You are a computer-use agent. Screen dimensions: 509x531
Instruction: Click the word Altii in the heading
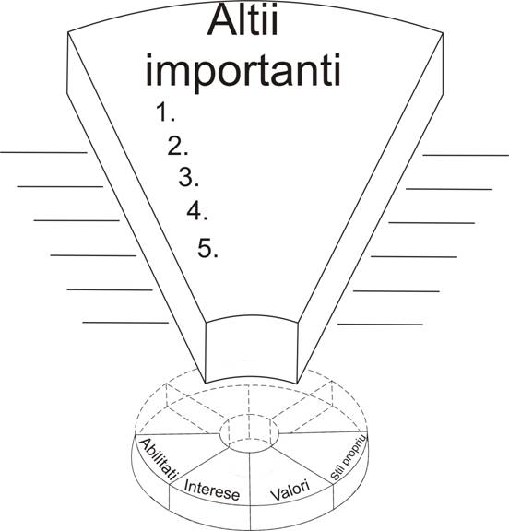tap(243, 19)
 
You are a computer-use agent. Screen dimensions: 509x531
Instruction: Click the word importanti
tap(243, 72)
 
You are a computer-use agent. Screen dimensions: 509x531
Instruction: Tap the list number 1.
tap(165, 112)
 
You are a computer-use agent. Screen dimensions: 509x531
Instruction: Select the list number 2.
tap(178, 147)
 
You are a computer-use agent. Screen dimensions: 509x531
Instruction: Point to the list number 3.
tap(189, 177)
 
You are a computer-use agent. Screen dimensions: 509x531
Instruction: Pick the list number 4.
tap(197, 211)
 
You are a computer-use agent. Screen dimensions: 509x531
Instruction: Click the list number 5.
tap(207, 248)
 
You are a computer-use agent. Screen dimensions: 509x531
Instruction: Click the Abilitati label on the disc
tap(158, 459)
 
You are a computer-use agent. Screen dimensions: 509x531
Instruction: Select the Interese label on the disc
tap(212, 490)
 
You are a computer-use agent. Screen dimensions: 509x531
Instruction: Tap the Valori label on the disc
tap(290, 490)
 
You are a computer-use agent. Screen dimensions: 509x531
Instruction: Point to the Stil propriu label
tap(349, 457)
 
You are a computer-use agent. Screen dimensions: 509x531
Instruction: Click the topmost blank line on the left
tap(43, 153)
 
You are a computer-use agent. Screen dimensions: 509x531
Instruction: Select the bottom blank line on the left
tap(125, 323)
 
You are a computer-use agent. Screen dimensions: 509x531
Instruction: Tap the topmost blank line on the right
tap(466, 155)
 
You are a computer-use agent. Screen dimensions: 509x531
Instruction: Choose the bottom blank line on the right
tap(380, 324)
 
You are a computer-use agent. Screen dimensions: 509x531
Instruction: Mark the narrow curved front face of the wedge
tap(252, 350)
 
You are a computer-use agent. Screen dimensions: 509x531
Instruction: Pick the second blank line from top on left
tap(60, 186)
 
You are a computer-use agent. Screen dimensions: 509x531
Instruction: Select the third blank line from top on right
tap(432, 223)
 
